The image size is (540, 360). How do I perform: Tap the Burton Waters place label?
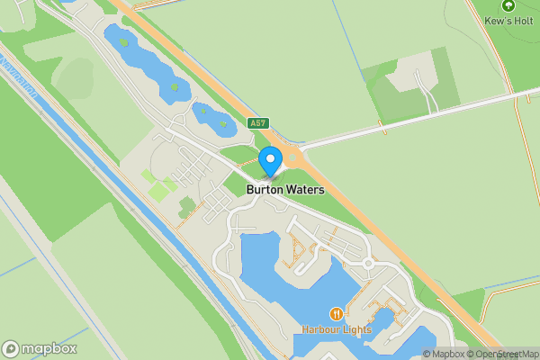point(285,190)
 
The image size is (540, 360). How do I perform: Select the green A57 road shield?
point(258,121)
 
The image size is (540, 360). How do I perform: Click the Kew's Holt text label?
point(508,20)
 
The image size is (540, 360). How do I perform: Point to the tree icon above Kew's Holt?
point(508,6)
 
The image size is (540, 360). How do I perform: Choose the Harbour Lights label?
point(336,329)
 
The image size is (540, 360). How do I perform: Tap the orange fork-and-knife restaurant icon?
point(336,313)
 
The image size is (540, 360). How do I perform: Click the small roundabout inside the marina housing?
point(367,264)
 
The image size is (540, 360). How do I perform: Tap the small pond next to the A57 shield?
point(213,118)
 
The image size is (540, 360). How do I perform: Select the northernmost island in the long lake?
point(123,41)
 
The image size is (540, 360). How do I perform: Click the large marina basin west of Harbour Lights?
point(270,270)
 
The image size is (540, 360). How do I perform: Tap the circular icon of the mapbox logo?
point(11,349)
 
